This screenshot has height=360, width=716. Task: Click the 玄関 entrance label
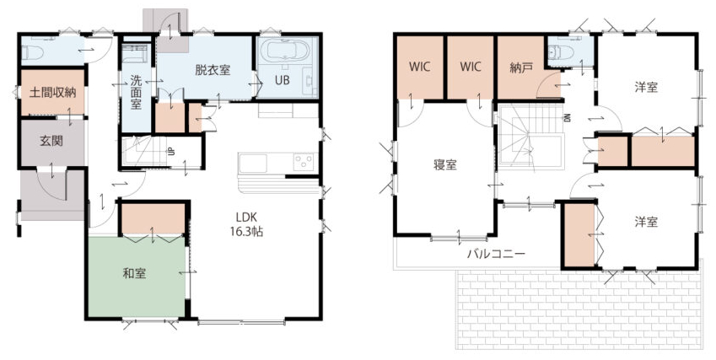point(51,141)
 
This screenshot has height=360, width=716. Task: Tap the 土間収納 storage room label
point(52,93)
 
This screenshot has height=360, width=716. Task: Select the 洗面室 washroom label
point(136,93)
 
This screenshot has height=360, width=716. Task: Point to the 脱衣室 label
point(213,70)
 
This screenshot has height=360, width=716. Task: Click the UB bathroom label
point(283,81)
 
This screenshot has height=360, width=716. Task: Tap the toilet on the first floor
point(33,53)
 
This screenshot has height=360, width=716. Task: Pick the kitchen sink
point(252,164)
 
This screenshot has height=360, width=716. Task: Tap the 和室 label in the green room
point(134,273)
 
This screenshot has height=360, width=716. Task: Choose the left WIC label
point(419,67)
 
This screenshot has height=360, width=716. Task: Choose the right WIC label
point(471,67)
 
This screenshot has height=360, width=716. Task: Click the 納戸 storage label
point(521,68)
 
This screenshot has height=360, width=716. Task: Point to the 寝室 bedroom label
point(444,164)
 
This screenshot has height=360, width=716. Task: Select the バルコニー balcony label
point(497,254)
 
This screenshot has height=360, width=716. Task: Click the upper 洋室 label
point(646,87)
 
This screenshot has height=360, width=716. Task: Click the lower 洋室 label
point(646,223)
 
